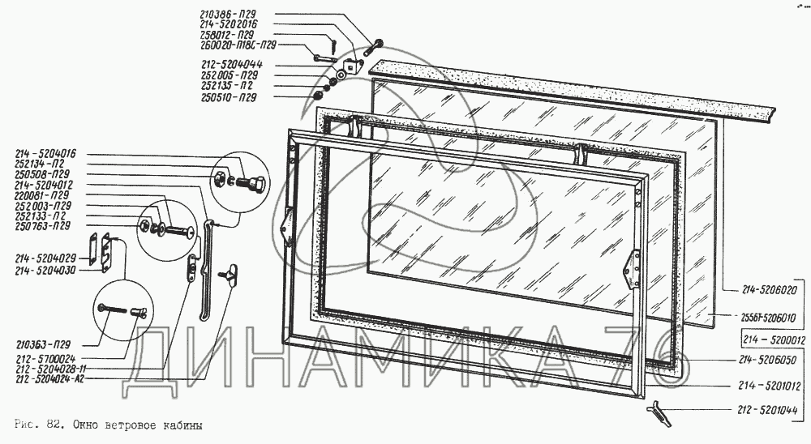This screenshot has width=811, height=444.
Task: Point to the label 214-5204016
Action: pyautogui.click(x=45, y=153)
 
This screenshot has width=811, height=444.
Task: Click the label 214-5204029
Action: pyautogui.click(x=45, y=258)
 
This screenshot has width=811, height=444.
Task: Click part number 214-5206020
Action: pyautogui.click(x=769, y=289)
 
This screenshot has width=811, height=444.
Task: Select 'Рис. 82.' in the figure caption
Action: pyautogui.click(x=37, y=424)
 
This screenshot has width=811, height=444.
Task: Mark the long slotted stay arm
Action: pyautogui.click(x=205, y=275)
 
